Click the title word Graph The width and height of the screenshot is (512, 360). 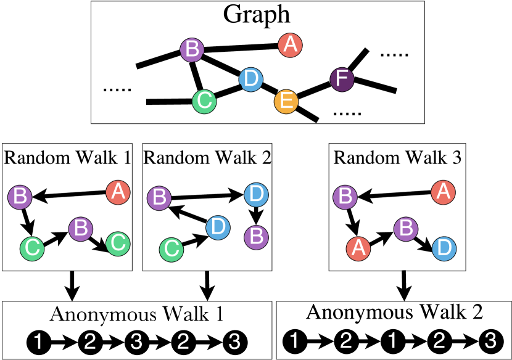click(x=257, y=15)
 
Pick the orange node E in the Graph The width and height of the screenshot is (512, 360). click(x=286, y=100)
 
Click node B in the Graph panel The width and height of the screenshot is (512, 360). click(x=192, y=49)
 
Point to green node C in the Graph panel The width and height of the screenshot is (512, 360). click(x=204, y=100)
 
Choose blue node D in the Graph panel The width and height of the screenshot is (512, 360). click(x=250, y=80)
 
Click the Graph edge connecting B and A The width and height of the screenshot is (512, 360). click(x=241, y=46)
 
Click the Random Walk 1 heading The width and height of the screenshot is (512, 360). click(x=67, y=157)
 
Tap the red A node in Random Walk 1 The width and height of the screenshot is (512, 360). click(x=118, y=192)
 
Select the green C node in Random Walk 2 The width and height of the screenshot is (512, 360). click(x=171, y=249)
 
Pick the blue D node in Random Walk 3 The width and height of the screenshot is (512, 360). click(x=445, y=248)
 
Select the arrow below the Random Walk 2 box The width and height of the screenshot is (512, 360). click(x=208, y=285)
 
